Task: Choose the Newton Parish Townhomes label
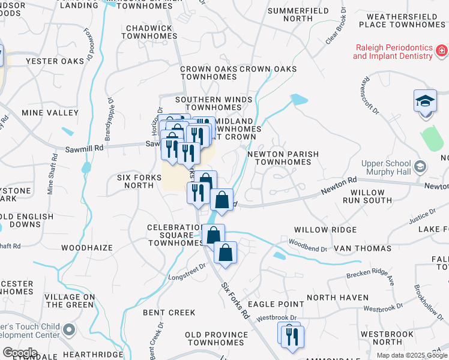tap(283, 158)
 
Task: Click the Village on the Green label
tap(70, 301)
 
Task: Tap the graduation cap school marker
tap(425, 100)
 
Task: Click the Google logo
tap(20, 353)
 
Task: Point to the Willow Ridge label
tap(325, 230)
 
